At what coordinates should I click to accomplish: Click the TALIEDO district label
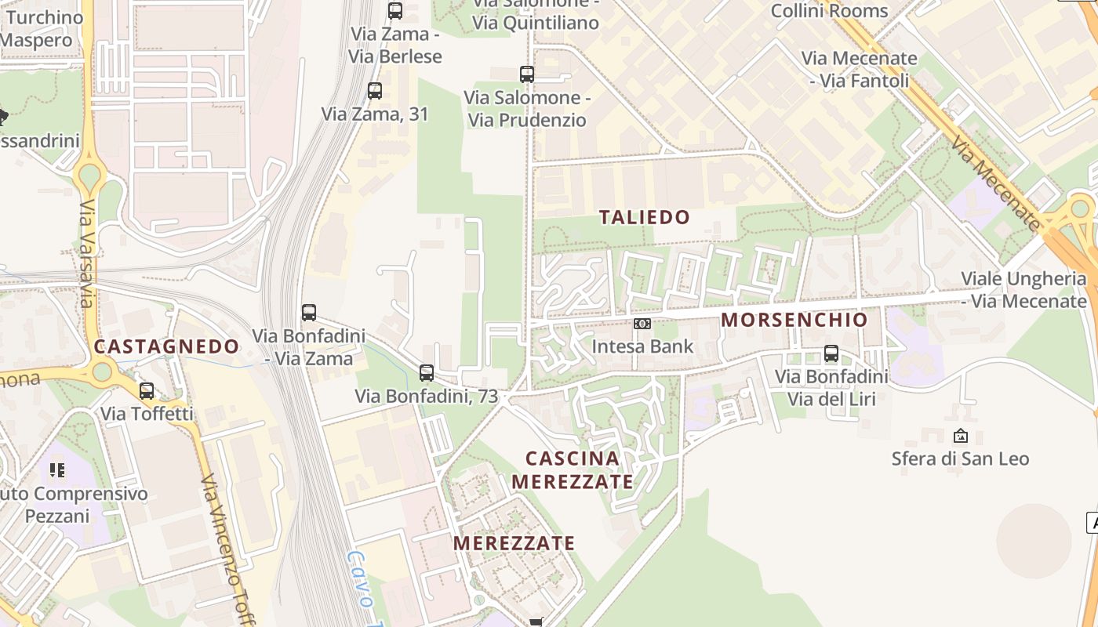coord(645,217)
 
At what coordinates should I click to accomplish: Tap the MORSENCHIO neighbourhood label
coord(794,320)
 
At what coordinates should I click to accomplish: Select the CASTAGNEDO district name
coord(166,346)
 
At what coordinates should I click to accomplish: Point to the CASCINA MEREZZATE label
coord(572,469)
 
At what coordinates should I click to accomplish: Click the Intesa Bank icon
coord(642,324)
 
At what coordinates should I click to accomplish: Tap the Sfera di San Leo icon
coord(960,436)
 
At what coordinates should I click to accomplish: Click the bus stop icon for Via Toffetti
coord(147,391)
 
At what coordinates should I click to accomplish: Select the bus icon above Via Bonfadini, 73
coord(427,373)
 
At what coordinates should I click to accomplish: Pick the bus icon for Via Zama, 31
coord(375,91)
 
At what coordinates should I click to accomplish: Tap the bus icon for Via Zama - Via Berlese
coord(395,11)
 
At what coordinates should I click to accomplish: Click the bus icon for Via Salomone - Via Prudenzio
coord(527,74)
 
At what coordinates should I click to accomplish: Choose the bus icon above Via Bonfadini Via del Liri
coord(831,353)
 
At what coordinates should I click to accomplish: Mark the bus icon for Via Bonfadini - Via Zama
coord(309,313)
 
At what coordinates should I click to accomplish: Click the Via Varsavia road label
coord(87,255)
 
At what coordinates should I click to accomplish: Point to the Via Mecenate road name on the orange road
coord(994,184)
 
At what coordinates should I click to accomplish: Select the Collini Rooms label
coord(829,11)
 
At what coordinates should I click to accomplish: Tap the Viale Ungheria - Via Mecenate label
coord(1023,290)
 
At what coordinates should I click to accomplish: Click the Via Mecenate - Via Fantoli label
coord(859,69)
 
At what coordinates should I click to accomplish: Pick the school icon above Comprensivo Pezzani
coord(56,470)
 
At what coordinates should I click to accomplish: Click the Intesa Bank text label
coord(642,346)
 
